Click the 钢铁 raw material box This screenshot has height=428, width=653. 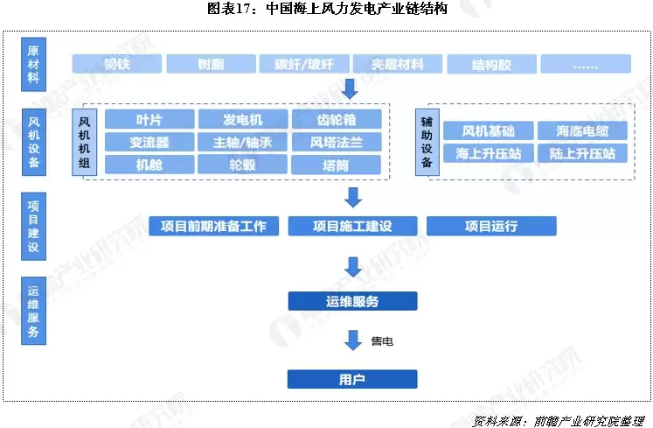tap(117, 65)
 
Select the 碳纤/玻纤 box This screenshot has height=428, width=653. tap(305, 65)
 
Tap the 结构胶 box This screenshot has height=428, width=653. tap(491, 65)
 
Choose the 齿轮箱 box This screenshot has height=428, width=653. tap(337, 120)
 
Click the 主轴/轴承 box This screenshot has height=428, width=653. tap(242, 142)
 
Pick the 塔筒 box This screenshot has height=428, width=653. tap(337, 164)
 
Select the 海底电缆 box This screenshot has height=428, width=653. tap(582, 131)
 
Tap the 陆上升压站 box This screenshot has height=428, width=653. tap(582, 153)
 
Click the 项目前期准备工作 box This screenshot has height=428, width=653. tap(214, 226)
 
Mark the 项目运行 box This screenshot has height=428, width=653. tap(491, 226)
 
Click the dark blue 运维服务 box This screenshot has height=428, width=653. tap(352, 302)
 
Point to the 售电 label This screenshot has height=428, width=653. tap(382, 340)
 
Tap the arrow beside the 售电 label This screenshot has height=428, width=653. tap(353, 340)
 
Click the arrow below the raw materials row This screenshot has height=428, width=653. tap(350, 88)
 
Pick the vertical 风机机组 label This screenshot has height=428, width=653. tap(85, 142)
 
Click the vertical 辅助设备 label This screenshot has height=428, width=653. tap(427, 142)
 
